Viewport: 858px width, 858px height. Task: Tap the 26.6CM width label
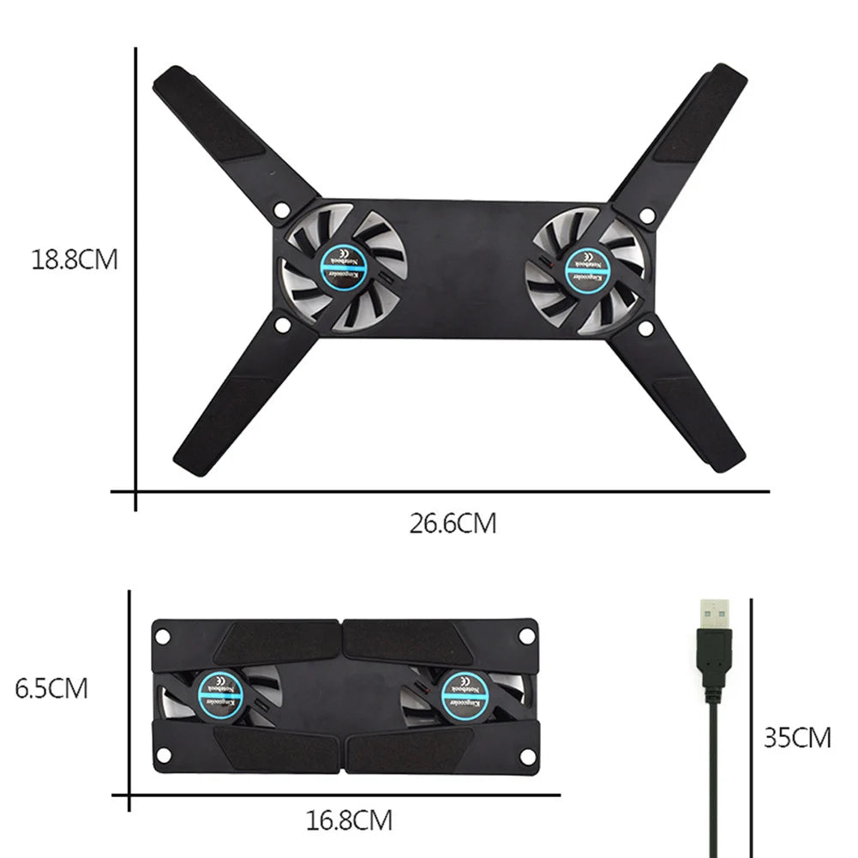(453, 523)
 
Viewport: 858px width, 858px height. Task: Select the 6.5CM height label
(51, 688)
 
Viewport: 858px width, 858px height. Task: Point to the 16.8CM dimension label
(350, 821)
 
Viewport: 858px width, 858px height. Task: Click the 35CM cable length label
(797, 737)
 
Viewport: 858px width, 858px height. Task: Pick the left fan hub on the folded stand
(217, 693)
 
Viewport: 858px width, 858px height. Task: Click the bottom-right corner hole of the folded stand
(527, 754)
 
